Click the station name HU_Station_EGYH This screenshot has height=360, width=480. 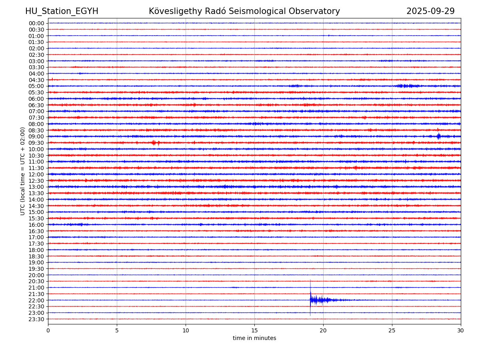click(x=62, y=11)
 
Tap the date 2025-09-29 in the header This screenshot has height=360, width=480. click(x=430, y=11)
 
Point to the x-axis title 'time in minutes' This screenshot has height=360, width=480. click(x=254, y=338)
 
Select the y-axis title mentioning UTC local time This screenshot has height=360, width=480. click(x=23, y=171)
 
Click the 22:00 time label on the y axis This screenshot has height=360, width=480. click(x=36, y=300)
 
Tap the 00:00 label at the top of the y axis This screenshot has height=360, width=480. click(x=36, y=23)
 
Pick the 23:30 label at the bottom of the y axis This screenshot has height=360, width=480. click(x=36, y=319)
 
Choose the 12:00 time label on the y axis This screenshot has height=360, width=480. click(x=36, y=174)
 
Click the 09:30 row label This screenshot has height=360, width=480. click(x=36, y=143)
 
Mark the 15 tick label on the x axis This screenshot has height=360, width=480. click(x=254, y=330)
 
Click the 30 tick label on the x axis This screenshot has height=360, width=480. click(x=461, y=330)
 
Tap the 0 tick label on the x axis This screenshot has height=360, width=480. click(x=48, y=330)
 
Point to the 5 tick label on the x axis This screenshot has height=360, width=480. click(x=117, y=330)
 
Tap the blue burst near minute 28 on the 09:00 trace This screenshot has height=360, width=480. click(x=438, y=136)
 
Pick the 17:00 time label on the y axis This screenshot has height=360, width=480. click(x=36, y=237)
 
